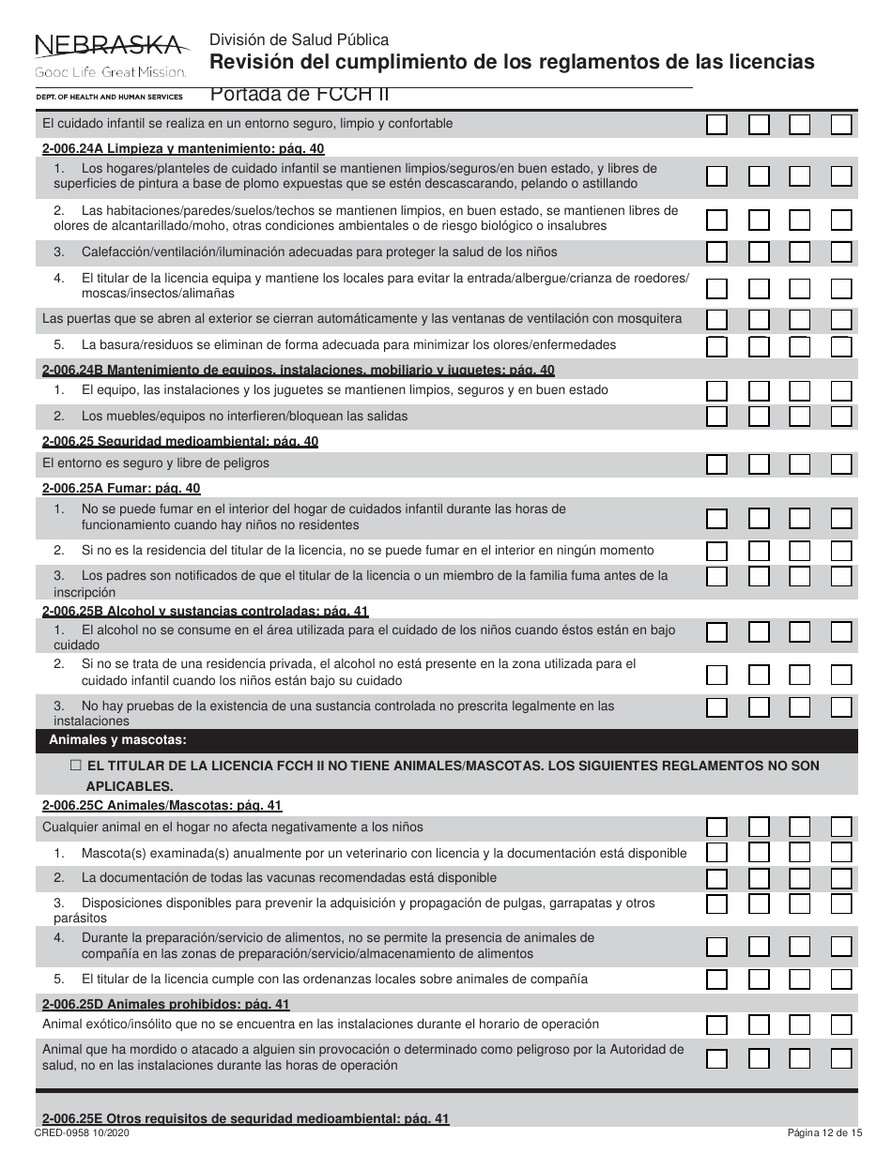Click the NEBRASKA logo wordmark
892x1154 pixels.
coord(109,45)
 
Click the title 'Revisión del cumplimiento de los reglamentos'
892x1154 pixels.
coord(512,63)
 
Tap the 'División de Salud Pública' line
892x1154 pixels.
coord(299,39)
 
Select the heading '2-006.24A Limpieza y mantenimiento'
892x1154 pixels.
coord(183,148)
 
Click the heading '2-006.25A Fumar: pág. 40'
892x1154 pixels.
coord(121,489)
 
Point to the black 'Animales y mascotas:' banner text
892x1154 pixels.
coord(117,740)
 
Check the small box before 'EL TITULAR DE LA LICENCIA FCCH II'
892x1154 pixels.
coord(76,766)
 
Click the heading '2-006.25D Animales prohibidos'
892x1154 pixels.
coord(165,1005)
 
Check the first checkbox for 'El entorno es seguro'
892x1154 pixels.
coord(716,463)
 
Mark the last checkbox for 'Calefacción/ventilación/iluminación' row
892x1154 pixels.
coord(841,251)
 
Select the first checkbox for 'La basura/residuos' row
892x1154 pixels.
coord(716,345)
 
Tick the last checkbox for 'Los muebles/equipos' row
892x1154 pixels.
coord(841,417)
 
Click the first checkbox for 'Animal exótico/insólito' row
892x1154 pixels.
coord(716,1025)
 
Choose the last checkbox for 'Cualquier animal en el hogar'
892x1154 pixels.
coord(841,827)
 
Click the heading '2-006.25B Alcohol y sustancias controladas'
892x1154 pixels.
coord(205,612)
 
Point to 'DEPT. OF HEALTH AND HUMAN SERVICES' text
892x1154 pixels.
coord(109,97)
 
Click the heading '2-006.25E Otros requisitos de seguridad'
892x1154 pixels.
coord(246,1118)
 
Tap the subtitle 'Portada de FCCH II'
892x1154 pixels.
coord(300,94)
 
